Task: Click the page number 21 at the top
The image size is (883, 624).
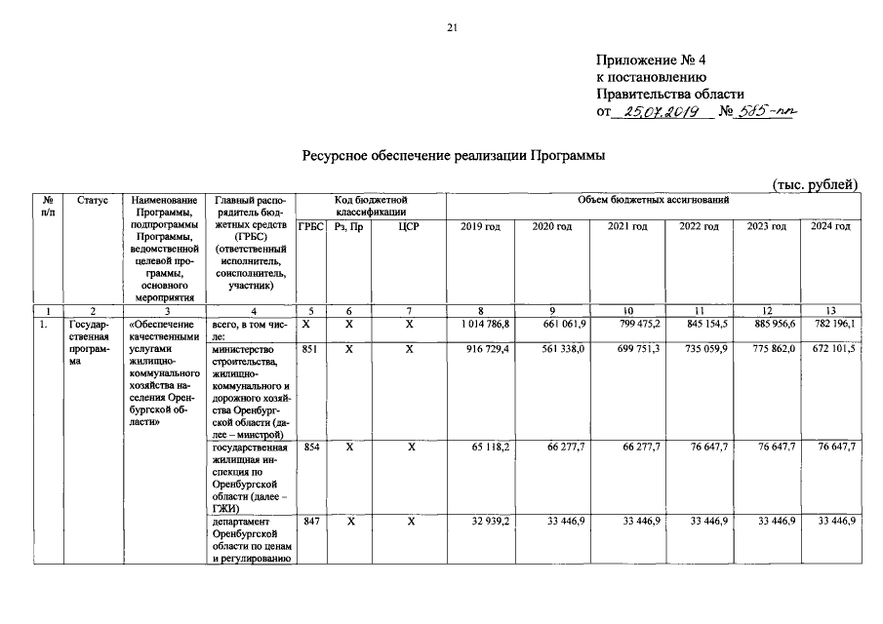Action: [452, 26]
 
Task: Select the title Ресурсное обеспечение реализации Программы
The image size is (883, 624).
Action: [453, 155]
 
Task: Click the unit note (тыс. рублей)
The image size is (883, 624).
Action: [815, 184]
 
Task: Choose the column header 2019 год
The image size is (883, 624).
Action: [480, 226]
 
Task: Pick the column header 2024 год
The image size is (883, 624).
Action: [830, 226]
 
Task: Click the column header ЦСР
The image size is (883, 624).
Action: [410, 226]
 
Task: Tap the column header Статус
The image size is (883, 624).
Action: [93, 200]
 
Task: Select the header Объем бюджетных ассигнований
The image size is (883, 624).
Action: [653, 200]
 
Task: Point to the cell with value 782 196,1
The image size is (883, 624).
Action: [833, 325]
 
